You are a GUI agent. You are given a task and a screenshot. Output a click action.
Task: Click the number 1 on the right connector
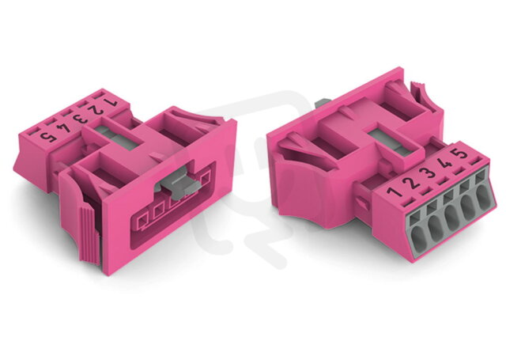pos(395,191)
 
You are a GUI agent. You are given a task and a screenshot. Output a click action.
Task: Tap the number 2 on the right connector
pos(411,183)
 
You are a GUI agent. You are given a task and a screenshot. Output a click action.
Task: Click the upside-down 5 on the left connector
pos(48,137)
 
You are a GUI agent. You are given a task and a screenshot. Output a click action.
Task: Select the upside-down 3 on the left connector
pos(81,119)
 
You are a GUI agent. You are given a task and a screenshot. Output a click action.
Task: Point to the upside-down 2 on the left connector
pos(95,111)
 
